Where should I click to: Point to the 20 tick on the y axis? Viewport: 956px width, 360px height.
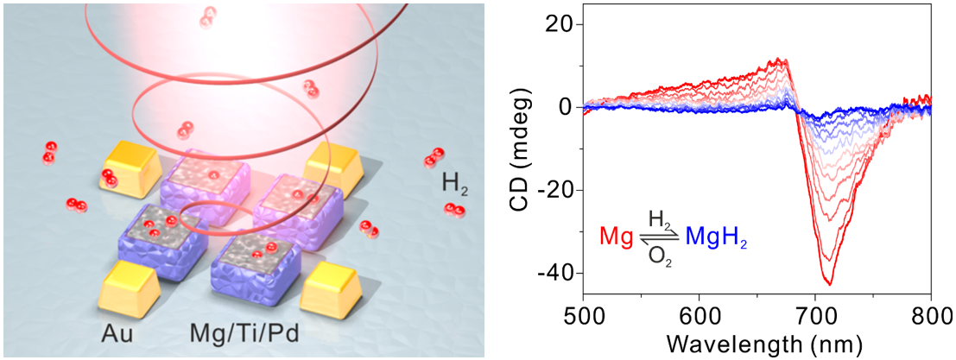[561, 24]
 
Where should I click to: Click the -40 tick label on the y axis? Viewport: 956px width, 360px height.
[554, 273]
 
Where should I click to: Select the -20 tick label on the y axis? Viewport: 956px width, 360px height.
[554, 190]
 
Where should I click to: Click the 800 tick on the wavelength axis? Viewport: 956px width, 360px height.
[931, 313]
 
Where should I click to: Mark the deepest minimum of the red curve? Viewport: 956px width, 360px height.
[828, 283]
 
